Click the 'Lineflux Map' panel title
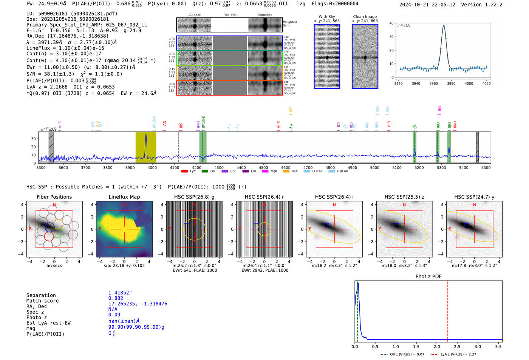(x=124, y=197)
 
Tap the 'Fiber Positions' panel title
(x=54, y=197)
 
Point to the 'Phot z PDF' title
(x=428, y=277)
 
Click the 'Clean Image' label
(x=365, y=17)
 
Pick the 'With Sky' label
(x=327, y=17)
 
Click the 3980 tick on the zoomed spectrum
(x=451, y=83)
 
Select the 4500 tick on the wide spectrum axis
(x=263, y=168)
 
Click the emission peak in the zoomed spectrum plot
(x=444, y=26)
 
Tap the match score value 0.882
(x=116, y=298)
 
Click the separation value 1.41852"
(x=120, y=293)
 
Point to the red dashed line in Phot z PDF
(x=448, y=310)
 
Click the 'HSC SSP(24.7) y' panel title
(x=474, y=197)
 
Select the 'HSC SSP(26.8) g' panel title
(x=194, y=197)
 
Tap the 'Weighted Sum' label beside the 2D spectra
(x=290, y=24)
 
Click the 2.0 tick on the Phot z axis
(x=437, y=346)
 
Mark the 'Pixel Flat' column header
(x=230, y=15)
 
